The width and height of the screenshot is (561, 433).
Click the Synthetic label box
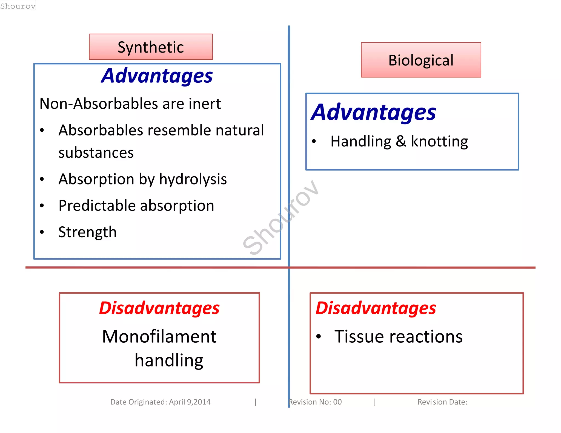click(x=151, y=47)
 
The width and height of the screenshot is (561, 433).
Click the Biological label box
click(x=421, y=60)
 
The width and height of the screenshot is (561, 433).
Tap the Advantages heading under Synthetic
click(x=157, y=76)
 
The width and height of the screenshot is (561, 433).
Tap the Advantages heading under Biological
click(x=373, y=112)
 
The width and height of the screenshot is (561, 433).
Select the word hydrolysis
click(x=193, y=179)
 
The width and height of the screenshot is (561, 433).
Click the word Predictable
click(x=97, y=206)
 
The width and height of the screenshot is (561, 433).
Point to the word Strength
click(x=87, y=232)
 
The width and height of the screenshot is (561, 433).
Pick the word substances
click(x=96, y=153)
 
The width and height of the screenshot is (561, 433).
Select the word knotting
click(x=439, y=142)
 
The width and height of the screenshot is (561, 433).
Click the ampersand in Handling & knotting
click(x=401, y=142)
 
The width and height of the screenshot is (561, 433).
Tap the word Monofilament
click(x=159, y=336)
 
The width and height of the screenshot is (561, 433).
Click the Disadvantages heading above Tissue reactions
click(x=376, y=308)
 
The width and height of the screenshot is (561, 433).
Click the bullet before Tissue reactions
click(x=318, y=337)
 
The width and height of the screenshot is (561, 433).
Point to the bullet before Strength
click(x=42, y=232)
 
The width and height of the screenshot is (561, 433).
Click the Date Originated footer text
click(x=160, y=402)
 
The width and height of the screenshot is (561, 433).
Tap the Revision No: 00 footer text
click(x=315, y=402)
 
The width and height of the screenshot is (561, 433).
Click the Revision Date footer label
click(x=442, y=402)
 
